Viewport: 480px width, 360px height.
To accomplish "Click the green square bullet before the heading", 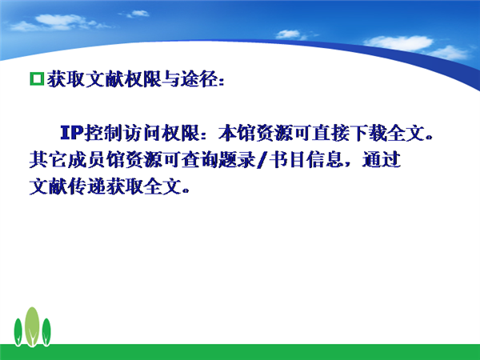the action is pos(37,79).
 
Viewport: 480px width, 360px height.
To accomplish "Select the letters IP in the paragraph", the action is pos(72,133).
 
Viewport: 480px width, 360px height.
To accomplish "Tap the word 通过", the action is pos(382,159).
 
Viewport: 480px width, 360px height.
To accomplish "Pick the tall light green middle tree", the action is pos(32,326).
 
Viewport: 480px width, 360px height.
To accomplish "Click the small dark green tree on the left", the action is pos(18,332).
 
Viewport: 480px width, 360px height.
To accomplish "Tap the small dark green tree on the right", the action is pos(46,332).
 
